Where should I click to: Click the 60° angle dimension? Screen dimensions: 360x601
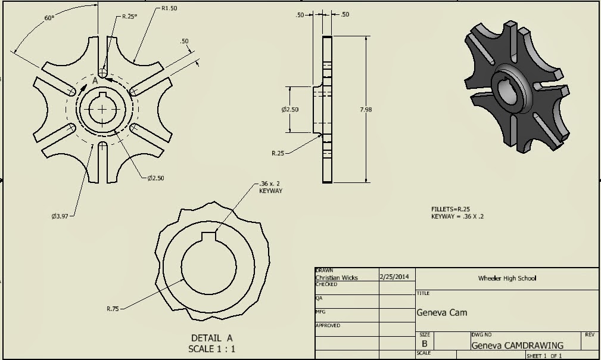[x=49, y=18]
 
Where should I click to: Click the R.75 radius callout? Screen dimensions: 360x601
[x=113, y=308]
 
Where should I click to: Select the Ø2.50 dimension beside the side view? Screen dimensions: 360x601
[x=289, y=109]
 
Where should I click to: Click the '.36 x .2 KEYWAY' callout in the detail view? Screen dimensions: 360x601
[x=270, y=187]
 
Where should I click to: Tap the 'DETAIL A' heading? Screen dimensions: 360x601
[x=211, y=338]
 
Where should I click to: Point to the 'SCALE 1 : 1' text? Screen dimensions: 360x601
[x=211, y=349]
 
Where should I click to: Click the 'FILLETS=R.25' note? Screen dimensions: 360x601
[x=451, y=209]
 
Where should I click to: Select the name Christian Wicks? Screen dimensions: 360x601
[x=337, y=278]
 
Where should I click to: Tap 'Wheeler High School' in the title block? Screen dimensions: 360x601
[x=507, y=278]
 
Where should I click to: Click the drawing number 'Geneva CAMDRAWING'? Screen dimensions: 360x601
[x=517, y=345]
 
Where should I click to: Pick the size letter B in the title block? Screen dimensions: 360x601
[x=424, y=344]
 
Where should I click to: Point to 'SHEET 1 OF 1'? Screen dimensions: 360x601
[x=544, y=356]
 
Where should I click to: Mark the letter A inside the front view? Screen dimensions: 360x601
[x=95, y=80]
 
